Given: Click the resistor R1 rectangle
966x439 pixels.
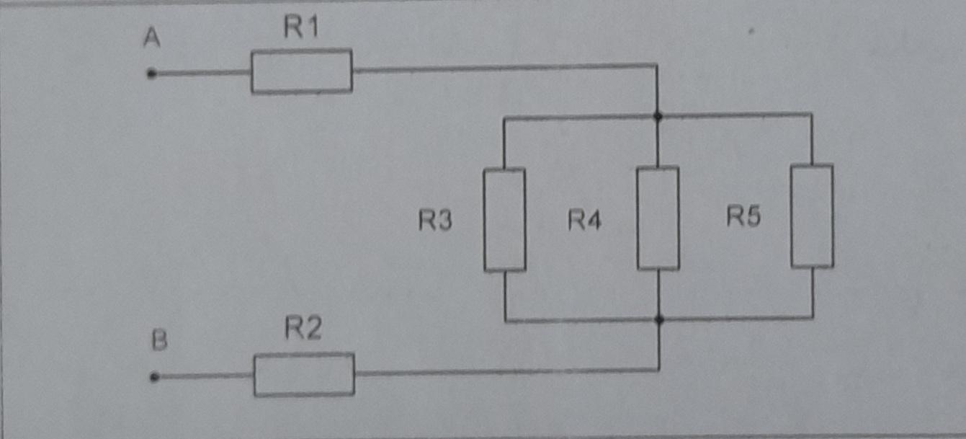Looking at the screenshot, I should [301, 71].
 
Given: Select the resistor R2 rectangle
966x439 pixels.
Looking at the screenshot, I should [304, 374].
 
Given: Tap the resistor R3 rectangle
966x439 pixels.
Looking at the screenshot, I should [504, 219].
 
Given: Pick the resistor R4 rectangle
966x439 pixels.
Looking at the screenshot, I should [658, 218].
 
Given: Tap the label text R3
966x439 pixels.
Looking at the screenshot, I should [435, 221].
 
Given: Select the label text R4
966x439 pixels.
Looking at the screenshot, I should [584, 220].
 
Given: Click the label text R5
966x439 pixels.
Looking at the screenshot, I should [743, 216].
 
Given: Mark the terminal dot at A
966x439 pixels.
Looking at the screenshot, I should [151, 74].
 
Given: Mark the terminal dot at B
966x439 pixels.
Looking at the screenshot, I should [153, 377].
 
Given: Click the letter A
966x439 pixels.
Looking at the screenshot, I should [151, 38].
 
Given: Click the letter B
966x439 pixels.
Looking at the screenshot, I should [159, 340].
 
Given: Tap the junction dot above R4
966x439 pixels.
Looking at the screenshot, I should [658, 115].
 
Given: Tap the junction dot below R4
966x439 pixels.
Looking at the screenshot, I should [659, 319].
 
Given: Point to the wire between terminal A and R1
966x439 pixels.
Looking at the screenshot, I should [202, 73].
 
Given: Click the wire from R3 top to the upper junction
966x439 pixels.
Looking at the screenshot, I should [576, 117].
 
